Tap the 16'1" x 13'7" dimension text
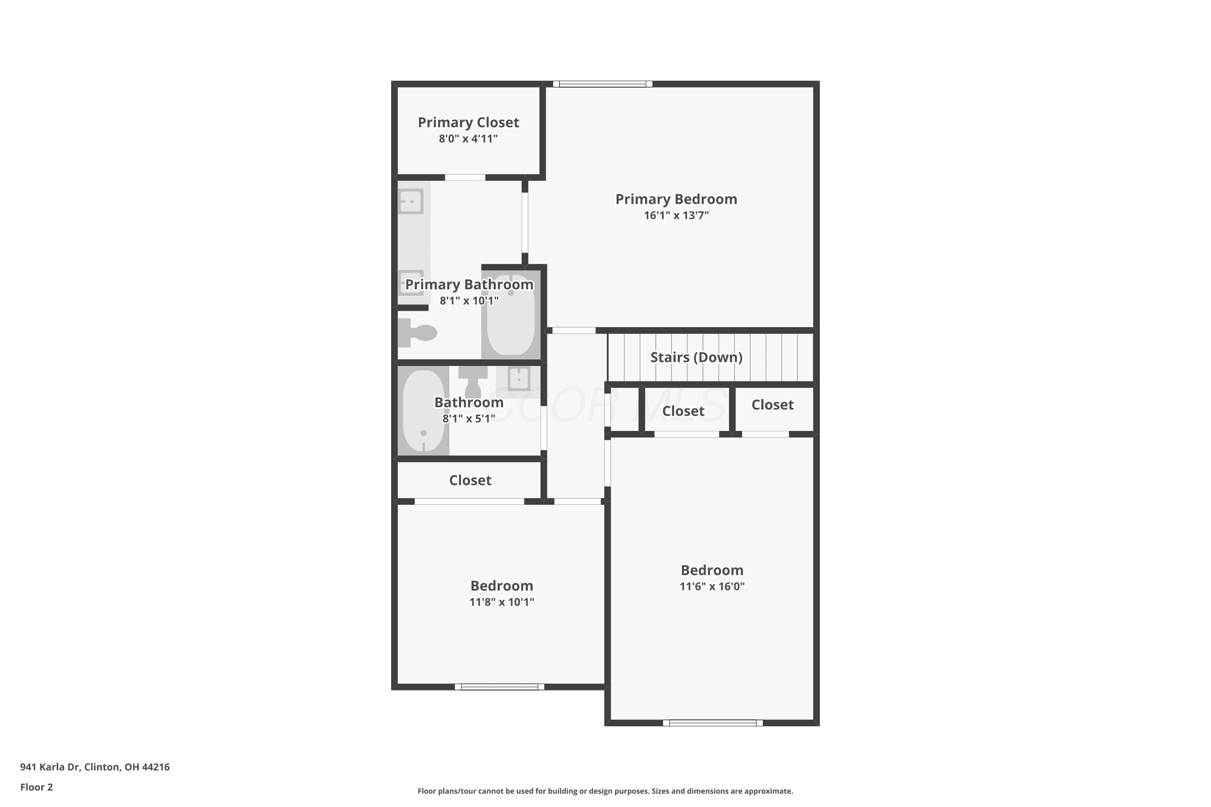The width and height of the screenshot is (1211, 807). click(676, 215)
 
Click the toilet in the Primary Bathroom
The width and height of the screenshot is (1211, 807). click(417, 332)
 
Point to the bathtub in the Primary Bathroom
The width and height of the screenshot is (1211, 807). click(511, 314)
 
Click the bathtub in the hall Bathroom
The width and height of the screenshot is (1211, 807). click(423, 410)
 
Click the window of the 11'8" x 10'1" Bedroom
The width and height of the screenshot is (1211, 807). click(499, 687)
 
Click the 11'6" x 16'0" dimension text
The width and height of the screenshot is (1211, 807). click(712, 586)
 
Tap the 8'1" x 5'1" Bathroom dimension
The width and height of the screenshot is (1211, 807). click(469, 418)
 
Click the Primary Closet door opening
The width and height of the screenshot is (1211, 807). click(465, 178)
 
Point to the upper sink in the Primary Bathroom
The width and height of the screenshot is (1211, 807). click(411, 201)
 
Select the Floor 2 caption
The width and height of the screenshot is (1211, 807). click(37, 787)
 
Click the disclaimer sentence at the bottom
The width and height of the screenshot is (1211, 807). click(605, 791)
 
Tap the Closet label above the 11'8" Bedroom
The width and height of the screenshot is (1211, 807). click(470, 480)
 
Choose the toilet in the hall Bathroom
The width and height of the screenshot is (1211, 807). click(473, 381)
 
